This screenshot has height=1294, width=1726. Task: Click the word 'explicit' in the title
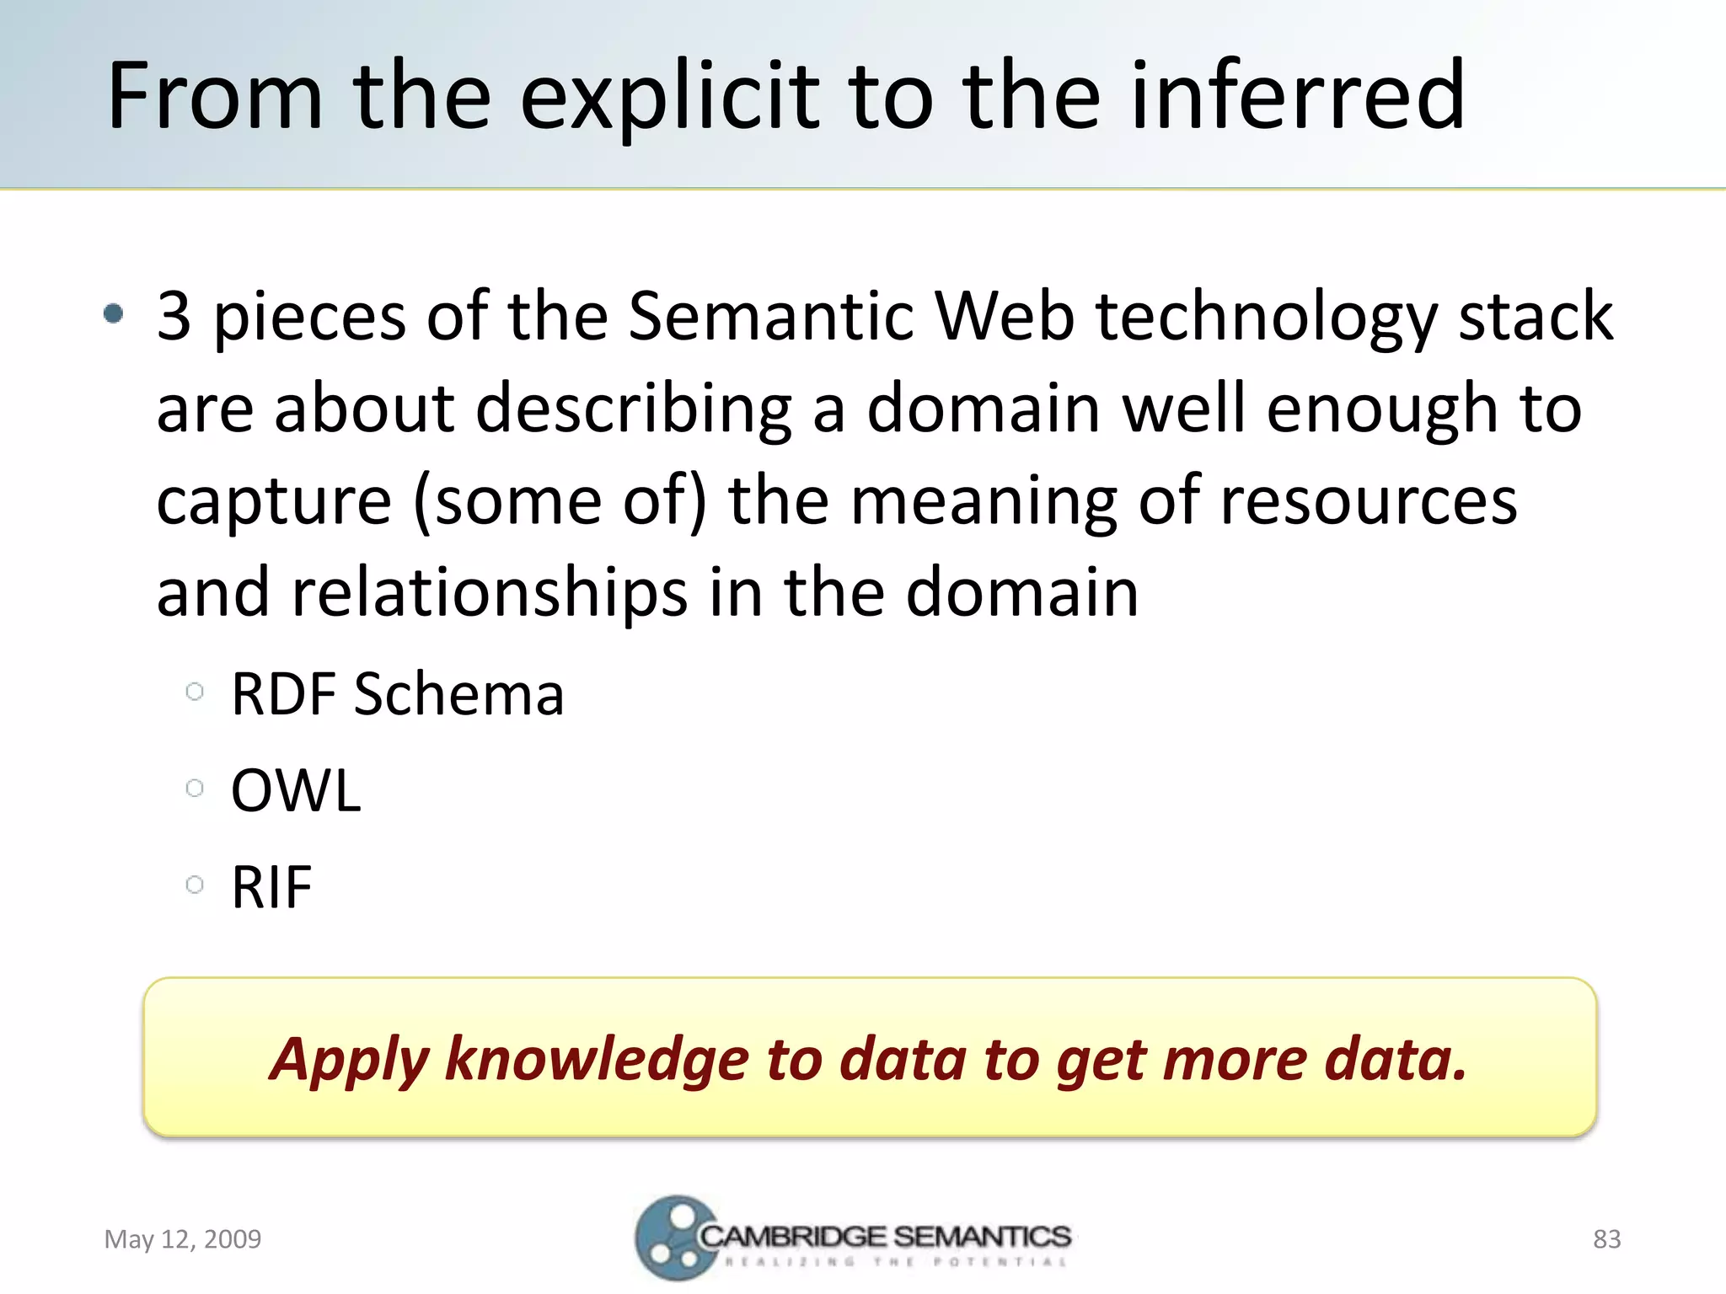click(x=669, y=97)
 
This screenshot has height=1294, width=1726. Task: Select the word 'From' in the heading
click(x=216, y=96)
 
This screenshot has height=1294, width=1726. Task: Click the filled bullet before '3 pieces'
click(x=113, y=315)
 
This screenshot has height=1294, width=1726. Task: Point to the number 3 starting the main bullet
click(x=174, y=316)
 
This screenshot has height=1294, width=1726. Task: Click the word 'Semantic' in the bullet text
click(x=770, y=316)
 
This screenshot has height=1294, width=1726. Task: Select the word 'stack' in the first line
click(x=1536, y=316)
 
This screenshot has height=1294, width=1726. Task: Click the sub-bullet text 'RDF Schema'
click(x=397, y=694)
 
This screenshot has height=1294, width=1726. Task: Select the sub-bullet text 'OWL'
click(x=296, y=791)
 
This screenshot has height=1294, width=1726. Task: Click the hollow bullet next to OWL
click(x=195, y=789)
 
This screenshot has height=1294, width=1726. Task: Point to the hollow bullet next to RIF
click(x=195, y=885)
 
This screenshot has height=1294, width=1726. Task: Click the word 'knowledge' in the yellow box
click(x=596, y=1059)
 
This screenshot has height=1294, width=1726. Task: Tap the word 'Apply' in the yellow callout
click(x=350, y=1059)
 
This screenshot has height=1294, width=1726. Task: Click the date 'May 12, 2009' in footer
click(x=182, y=1239)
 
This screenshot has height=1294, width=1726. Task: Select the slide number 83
click(x=1606, y=1239)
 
